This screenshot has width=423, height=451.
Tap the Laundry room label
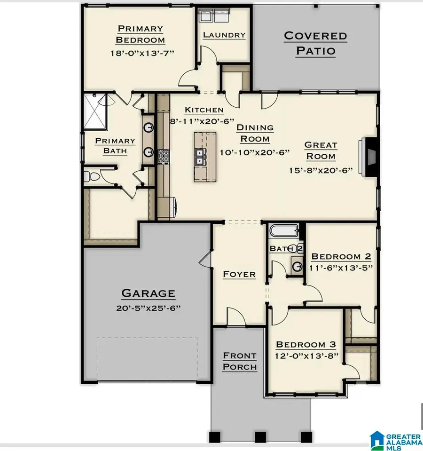click(224, 35)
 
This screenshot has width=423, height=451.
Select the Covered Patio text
click(315, 43)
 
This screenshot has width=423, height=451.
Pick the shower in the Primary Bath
click(98, 111)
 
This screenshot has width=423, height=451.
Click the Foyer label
click(239, 274)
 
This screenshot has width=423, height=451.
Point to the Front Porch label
click(240, 361)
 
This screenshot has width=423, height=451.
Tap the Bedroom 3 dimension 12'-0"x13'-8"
click(307, 356)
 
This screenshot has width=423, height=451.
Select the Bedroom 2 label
click(341, 256)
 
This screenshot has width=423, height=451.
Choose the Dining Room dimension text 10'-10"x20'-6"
click(254, 152)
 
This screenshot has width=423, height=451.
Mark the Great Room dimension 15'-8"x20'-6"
click(321, 170)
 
